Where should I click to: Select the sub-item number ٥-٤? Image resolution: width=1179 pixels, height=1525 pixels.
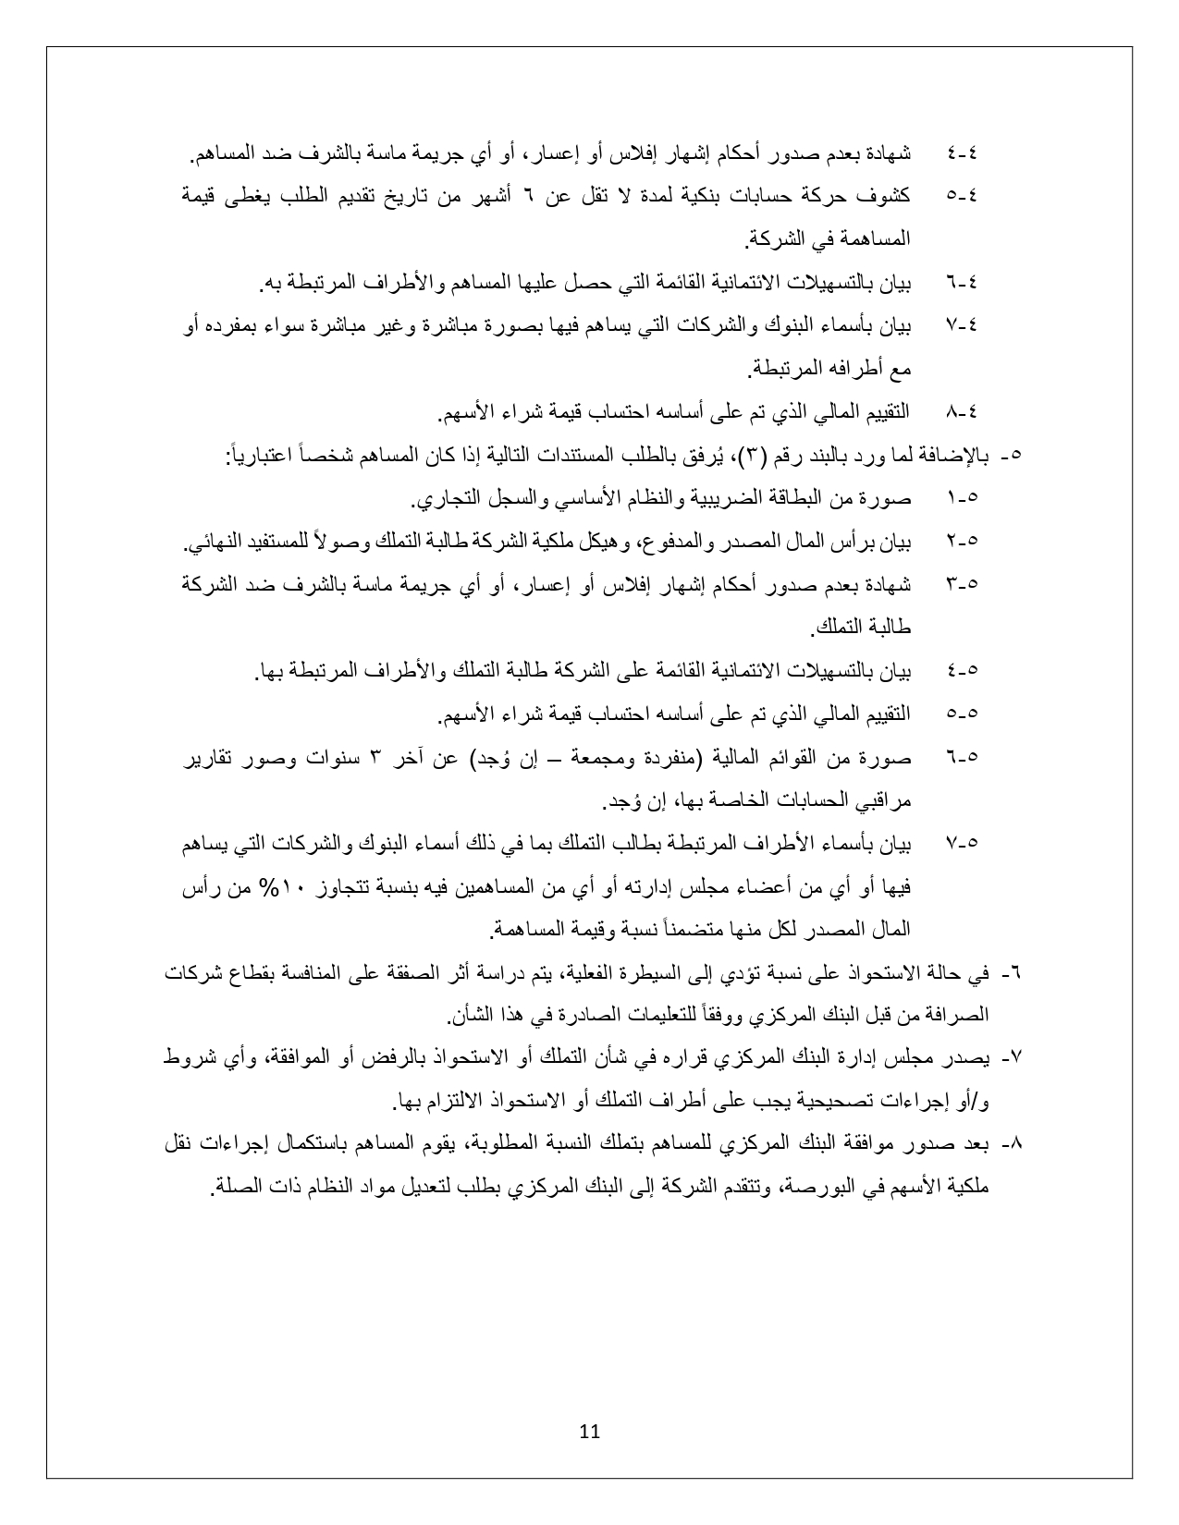[962, 196]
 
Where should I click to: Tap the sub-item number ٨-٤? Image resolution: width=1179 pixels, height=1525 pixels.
[962, 411]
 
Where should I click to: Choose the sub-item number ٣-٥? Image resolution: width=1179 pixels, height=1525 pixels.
[962, 584]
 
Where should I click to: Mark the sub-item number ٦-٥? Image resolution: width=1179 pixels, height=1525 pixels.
[962, 757]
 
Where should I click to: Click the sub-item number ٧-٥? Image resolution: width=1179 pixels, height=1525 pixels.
[962, 843]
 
